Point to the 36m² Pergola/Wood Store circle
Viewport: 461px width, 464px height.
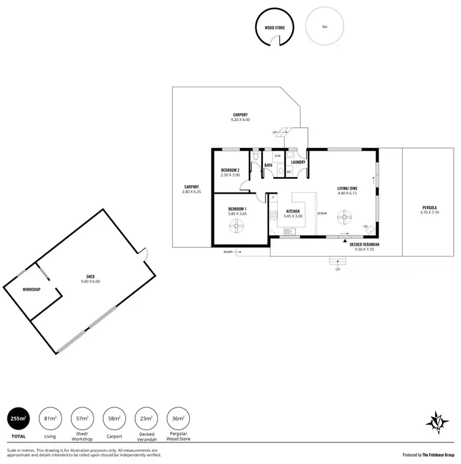click(x=178, y=419)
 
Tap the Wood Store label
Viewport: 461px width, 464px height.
click(x=275, y=28)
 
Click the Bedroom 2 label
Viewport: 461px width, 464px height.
click(x=230, y=170)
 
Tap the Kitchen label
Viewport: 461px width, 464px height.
click(x=292, y=211)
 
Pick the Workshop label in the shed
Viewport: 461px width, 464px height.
click(x=31, y=289)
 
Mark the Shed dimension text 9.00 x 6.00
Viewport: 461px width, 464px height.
click(x=90, y=281)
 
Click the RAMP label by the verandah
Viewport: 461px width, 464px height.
click(x=228, y=252)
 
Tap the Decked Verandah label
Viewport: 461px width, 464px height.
click(x=364, y=245)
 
